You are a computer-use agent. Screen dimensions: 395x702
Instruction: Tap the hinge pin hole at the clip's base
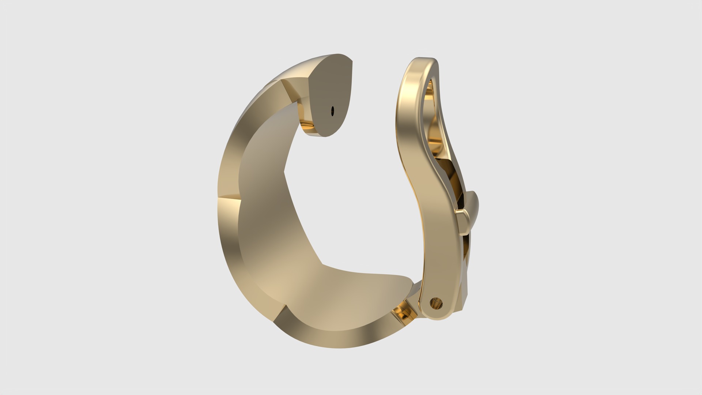pos(436,303)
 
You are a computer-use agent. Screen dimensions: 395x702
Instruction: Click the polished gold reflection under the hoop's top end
pos(307,121)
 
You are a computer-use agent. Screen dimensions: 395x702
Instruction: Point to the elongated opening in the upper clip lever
pos(431,110)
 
